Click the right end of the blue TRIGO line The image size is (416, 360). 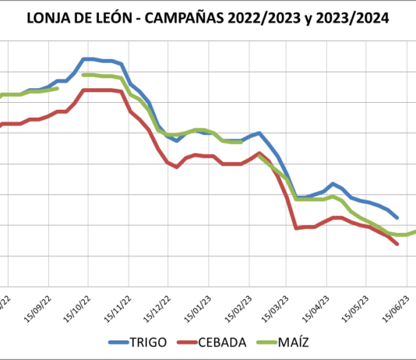click(397, 217)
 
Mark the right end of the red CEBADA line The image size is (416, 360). click(397, 244)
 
